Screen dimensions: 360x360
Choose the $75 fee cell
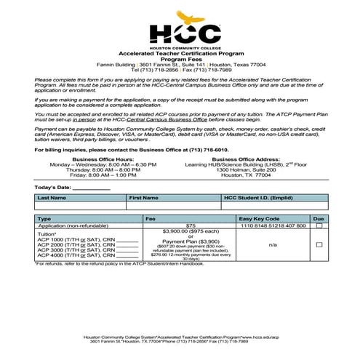(191, 226)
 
